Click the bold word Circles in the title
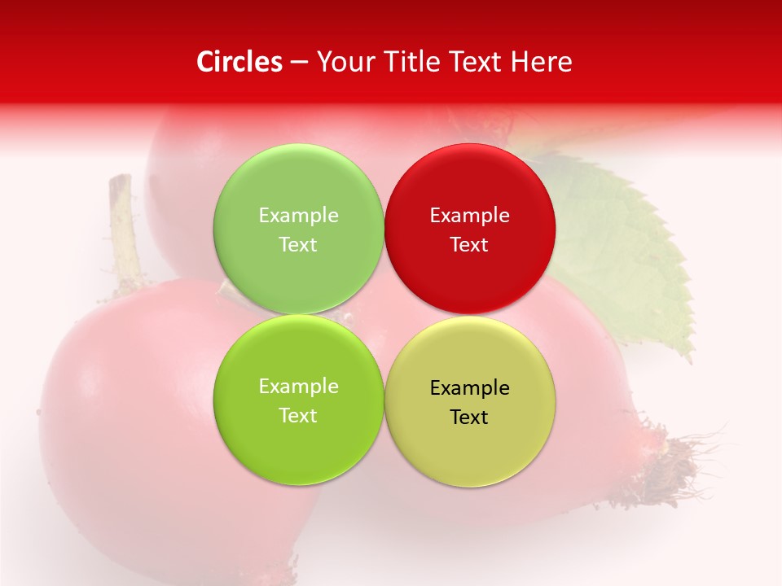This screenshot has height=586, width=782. (239, 62)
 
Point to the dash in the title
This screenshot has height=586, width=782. (299, 63)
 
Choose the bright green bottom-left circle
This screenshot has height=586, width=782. (298, 444)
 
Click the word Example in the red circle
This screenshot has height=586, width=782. (469, 216)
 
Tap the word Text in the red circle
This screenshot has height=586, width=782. (469, 245)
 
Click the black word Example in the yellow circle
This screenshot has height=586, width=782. (469, 388)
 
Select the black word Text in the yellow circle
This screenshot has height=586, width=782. (469, 418)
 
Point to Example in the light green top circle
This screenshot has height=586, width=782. (298, 216)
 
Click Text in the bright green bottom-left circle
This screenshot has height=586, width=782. (298, 416)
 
